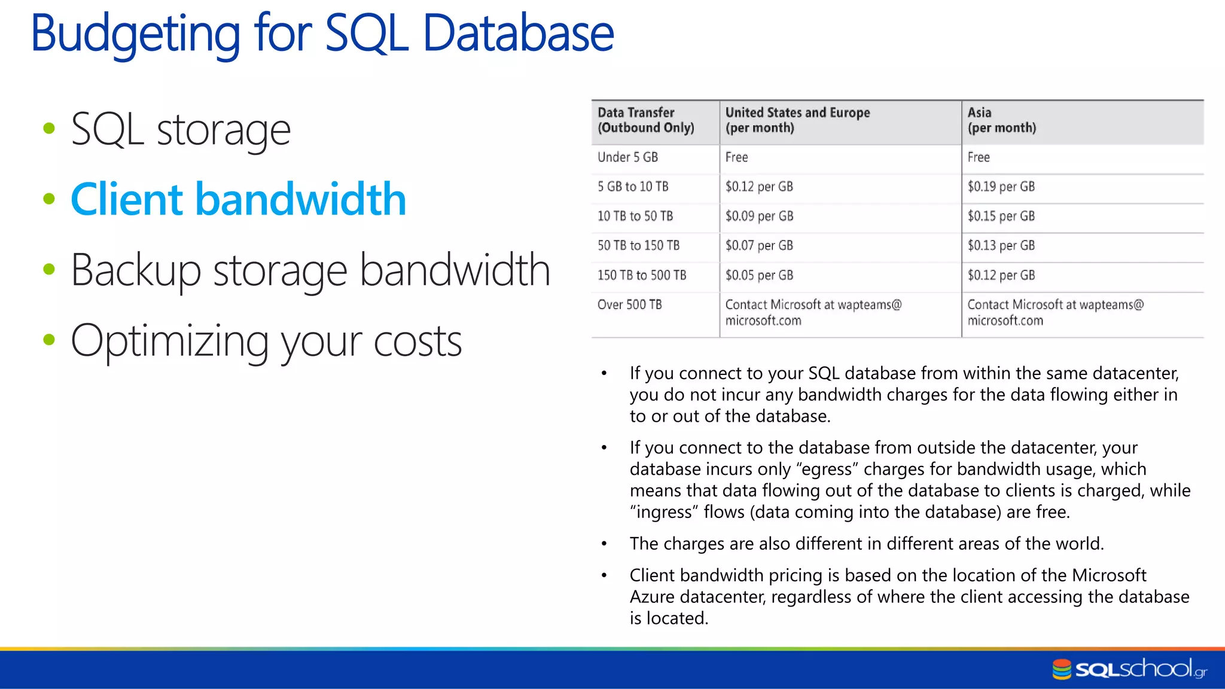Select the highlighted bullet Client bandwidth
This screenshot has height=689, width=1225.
point(238,199)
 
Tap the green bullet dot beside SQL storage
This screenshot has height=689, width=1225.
point(49,128)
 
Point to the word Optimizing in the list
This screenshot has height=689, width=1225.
point(169,341)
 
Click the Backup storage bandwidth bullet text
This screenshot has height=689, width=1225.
point(310,270)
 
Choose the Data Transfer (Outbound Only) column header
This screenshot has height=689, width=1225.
point(646,120)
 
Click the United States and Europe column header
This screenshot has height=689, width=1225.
point(797,120)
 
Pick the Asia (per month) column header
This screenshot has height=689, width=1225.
point(1001,120)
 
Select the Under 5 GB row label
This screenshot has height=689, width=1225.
point(627,157)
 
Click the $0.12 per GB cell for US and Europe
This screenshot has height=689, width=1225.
point(759,187)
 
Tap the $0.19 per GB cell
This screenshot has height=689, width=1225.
point(1001,187)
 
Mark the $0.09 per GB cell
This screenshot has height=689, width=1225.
point(759,216)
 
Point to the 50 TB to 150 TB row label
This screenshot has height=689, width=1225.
point(638,245)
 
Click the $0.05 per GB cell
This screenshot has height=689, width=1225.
point(759,275)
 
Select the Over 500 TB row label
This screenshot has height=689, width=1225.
point(629,304)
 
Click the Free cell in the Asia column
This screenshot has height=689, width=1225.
point(979,157)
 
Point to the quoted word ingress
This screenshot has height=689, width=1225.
point(664,513)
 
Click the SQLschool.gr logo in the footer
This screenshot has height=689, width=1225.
point(1129,669)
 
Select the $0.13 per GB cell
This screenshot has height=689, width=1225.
point(1001,245)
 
